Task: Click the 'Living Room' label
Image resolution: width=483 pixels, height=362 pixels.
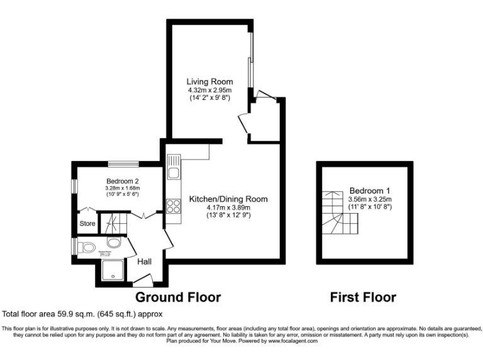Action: click(x=209, y=82)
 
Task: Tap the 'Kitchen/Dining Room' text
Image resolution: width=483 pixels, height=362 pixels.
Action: click(x=228, y=199)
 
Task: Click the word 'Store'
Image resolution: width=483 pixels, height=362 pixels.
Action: click(x=87, y=223)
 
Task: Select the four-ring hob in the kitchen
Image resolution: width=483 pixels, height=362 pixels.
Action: click(x=172, y=206)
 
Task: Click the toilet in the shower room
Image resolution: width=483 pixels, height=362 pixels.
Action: click(x=86, y=246)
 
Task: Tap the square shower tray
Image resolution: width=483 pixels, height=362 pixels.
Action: click(x=111, y=272)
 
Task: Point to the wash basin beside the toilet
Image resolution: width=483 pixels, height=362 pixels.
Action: click(x=114, y=243)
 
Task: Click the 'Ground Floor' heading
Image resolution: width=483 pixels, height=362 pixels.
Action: click(x=178, y=297)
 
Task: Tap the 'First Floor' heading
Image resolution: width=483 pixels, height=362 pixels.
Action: click(x=363, y=297)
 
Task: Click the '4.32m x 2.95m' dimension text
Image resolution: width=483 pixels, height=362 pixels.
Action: click(x=209, y=90)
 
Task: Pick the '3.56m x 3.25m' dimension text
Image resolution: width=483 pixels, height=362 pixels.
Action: click(x=370, y=199)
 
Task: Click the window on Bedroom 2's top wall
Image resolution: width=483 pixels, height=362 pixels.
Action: click(x=123, y=164)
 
